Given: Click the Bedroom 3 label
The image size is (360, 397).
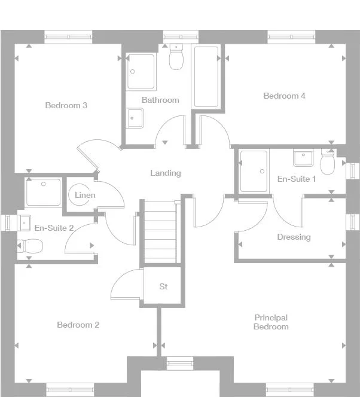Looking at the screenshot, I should point(66,106).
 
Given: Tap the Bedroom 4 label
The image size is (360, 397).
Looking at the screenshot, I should point(284,96).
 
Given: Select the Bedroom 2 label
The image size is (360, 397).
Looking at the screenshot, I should point(78,325).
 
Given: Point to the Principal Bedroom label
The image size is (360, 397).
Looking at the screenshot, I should point(271,322).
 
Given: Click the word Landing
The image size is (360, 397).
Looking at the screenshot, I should point(165,173).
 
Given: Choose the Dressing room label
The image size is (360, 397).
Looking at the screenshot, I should point(294,237).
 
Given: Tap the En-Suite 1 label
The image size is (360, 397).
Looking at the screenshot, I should point(297,179).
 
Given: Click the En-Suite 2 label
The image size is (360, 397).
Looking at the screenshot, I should point(54,228).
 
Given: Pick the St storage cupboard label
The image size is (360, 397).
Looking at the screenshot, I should point(163,287).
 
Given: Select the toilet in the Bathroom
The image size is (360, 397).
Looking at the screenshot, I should point(176,58).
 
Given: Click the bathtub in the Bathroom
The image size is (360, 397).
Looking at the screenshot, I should point(206,77).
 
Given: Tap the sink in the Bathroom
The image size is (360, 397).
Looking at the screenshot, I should point(135,118).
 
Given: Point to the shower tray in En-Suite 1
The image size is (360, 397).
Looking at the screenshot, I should point(254,171).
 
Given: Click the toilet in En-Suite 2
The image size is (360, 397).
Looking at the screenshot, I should point(30,245).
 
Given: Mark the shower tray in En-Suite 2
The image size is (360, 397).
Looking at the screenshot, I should point(43,193).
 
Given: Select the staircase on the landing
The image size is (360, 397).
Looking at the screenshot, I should point(160,233).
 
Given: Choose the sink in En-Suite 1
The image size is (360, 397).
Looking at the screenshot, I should point(303,158).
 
